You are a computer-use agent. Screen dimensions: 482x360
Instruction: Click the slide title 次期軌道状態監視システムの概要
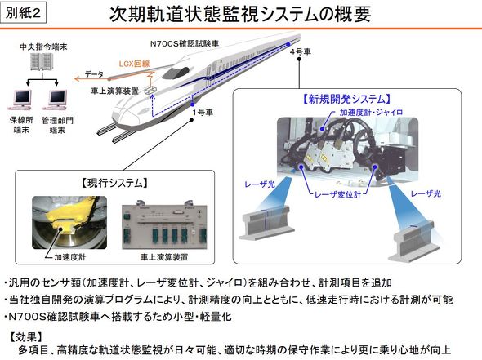click(x=240, y=14)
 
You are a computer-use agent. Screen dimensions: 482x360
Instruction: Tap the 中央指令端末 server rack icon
click(x=42, y=62)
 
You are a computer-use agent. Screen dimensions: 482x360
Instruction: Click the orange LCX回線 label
click(x=134, y=64)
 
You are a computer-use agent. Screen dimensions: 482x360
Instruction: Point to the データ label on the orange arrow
click(x=94, y=74)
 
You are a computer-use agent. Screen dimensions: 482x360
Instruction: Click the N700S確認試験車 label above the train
click(x=184, y=44)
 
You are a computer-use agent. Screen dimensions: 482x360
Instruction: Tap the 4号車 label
click(x=300, y=51)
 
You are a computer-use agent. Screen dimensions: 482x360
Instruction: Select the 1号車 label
click(x=203, y=113)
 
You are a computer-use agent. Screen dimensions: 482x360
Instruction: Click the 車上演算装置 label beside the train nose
click(x=114, y=91)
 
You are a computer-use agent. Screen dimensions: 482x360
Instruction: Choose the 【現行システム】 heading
click(x=114, y=183)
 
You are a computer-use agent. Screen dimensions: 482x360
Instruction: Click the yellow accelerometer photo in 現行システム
click(x=69, y=222)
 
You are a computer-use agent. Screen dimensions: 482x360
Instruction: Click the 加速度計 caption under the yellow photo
click(x=69, y=257)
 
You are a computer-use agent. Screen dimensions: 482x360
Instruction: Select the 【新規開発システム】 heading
click(x=347, y=99)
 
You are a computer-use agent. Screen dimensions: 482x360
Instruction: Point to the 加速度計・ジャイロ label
click(x=371, y=113)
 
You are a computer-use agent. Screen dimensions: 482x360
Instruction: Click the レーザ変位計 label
click(x=337, y=194)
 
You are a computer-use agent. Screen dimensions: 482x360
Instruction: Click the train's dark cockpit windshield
click(x=176, y=73)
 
